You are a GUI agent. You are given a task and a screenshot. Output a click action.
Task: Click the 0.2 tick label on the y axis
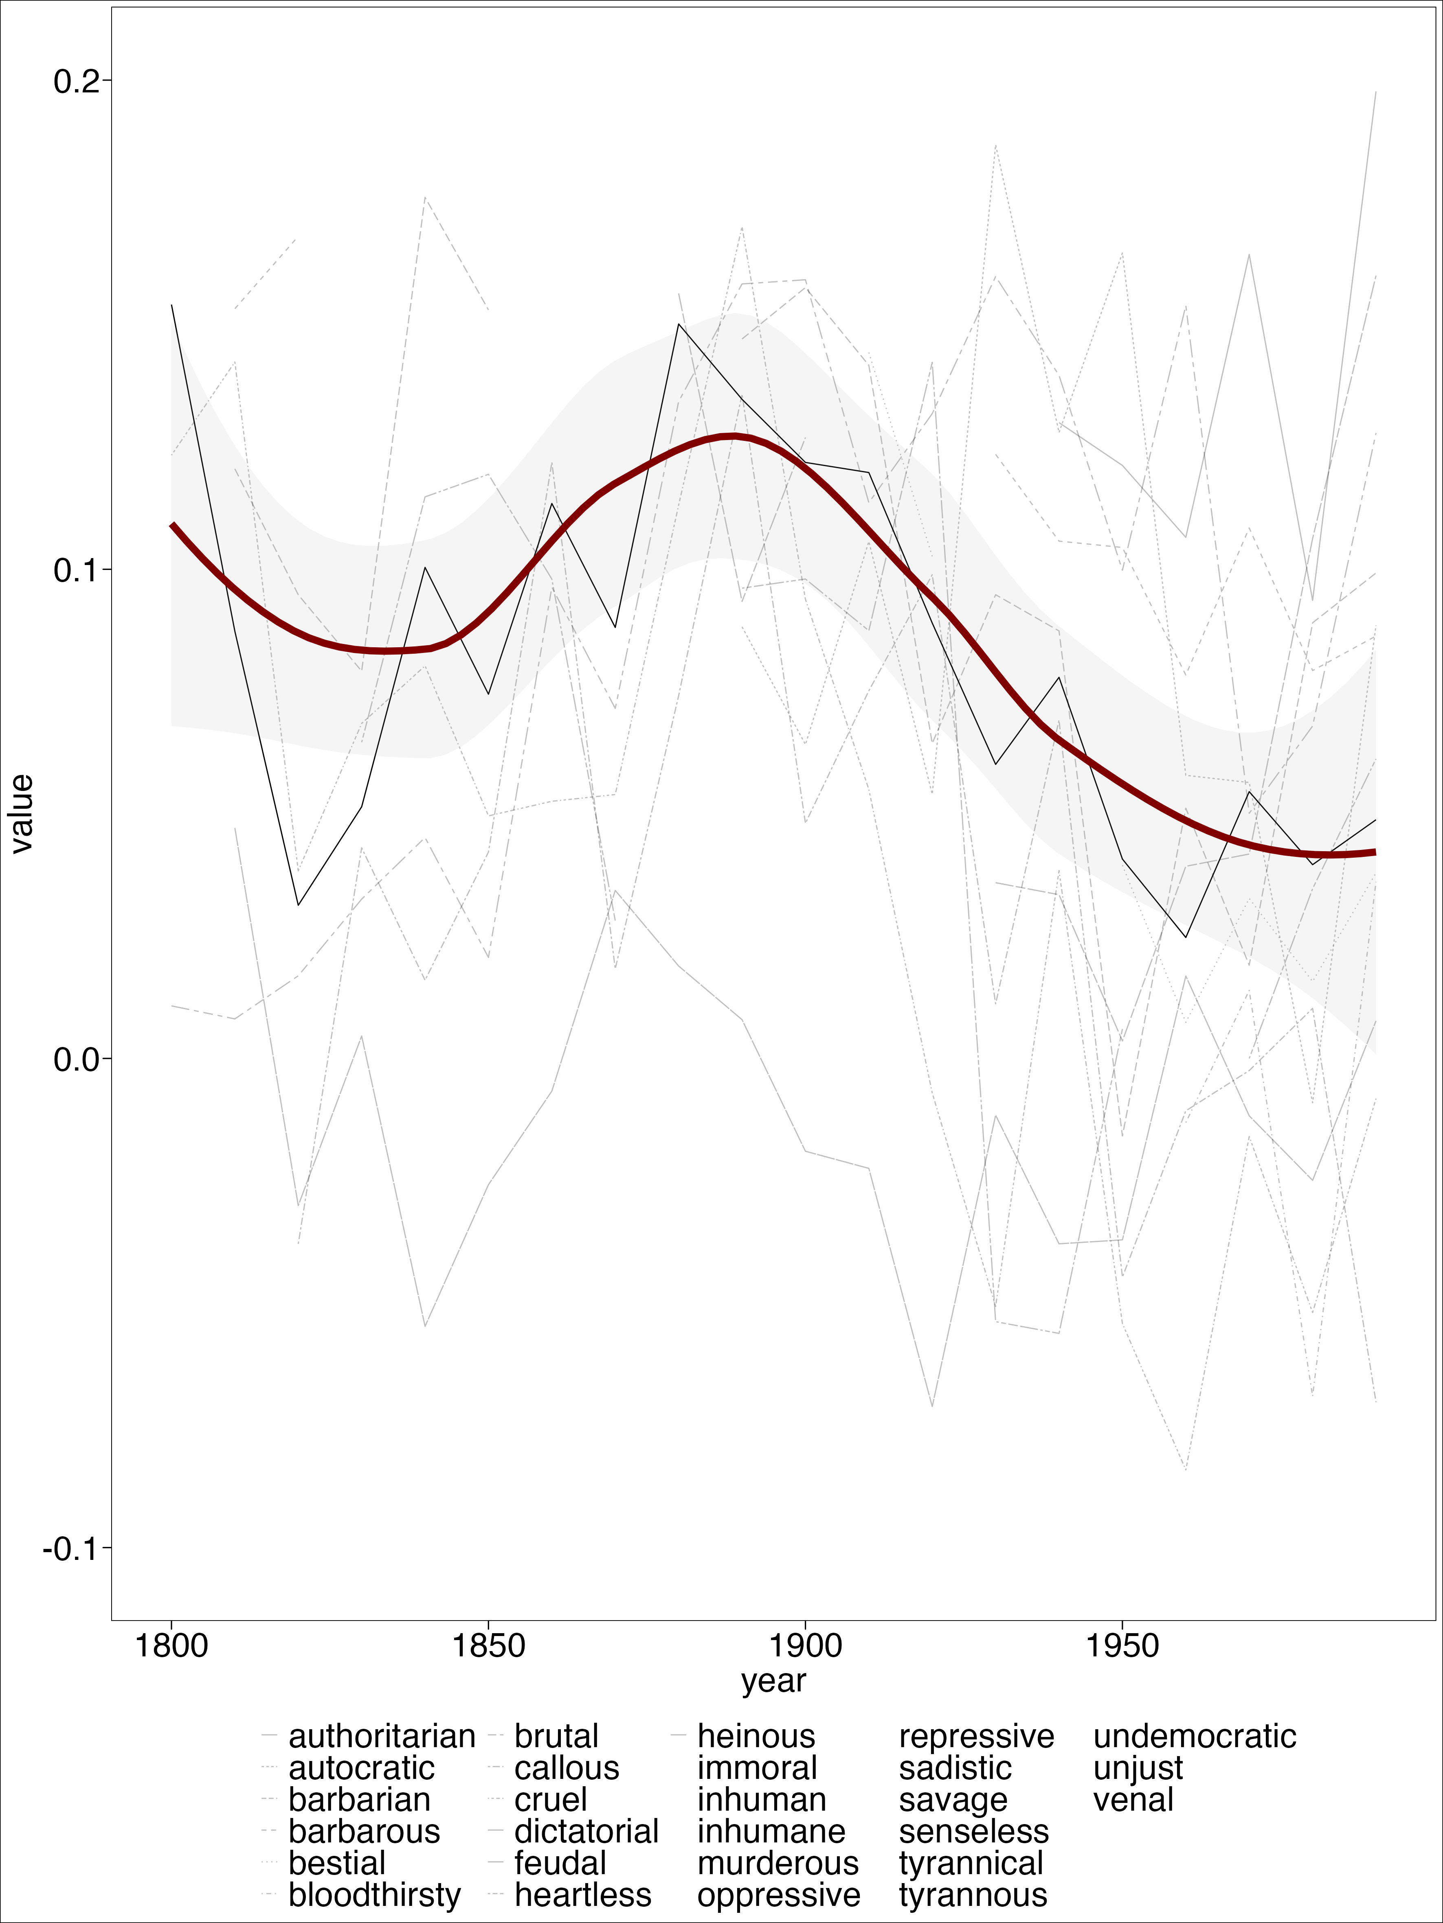pos(77,82)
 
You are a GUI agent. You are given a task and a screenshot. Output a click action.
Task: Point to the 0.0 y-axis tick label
pos(77,1060)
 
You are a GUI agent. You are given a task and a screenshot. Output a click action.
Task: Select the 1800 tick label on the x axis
pos(172,1646)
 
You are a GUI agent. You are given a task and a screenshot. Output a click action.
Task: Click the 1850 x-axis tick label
pos(489,1646)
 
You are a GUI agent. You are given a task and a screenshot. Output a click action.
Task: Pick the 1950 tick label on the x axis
pos(1122,1646)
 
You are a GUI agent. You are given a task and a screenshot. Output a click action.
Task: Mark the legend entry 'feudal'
pos(560,1863)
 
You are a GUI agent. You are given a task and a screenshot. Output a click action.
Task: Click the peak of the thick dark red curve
pos(733,436)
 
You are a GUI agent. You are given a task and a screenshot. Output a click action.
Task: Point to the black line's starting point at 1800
pos(172,305)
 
